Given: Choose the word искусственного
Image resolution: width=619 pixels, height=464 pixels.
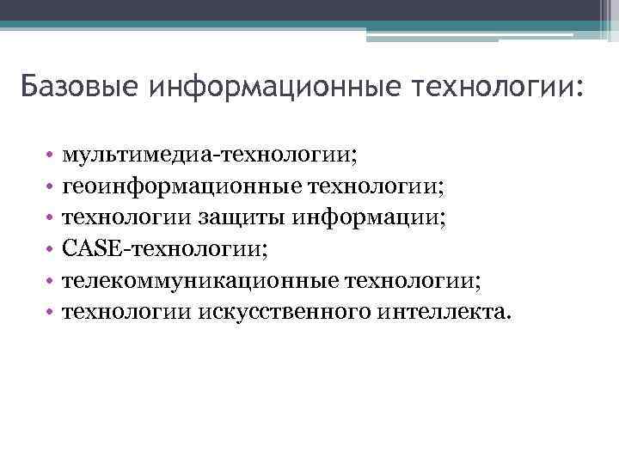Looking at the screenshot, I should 284,311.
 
